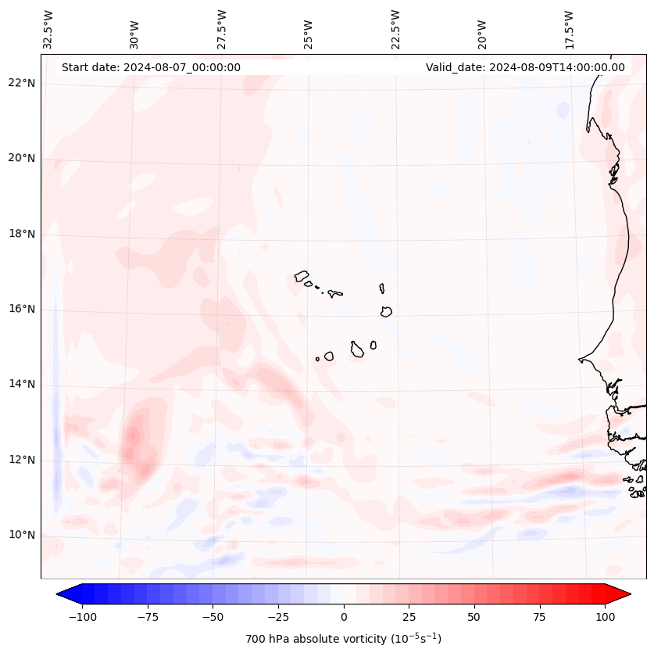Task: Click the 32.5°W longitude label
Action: [49, 29]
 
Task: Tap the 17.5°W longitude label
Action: [569, 29]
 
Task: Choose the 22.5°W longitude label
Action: [395, 29]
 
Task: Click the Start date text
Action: [151, 67]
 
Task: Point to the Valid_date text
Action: [525, 67]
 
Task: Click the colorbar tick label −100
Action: [82, 617]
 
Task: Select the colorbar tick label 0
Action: [344, 617]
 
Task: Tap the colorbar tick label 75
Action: [540, 617]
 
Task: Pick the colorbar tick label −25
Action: [278, 617]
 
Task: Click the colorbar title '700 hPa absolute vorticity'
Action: [343, 639]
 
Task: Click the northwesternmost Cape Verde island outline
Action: [302, 276]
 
